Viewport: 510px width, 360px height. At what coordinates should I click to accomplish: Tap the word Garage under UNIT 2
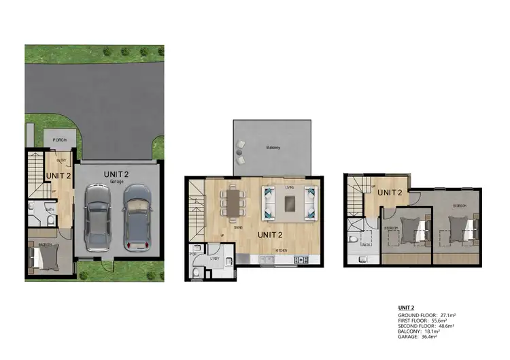tap(116, 182)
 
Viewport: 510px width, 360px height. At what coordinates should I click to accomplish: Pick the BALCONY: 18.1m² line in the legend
tap(422, 332)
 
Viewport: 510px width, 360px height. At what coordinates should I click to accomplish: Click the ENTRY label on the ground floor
tap(61, 161)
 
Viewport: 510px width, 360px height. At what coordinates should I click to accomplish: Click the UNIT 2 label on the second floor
tap(390, 193)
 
